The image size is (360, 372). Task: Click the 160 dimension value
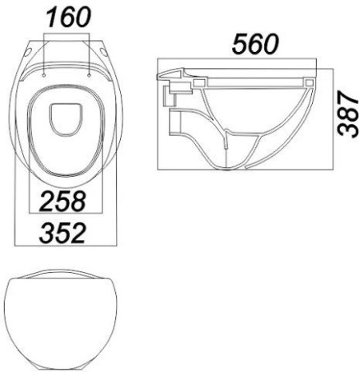[69, 18]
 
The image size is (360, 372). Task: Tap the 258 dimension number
[63, 201]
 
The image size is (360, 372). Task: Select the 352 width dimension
[62, 234]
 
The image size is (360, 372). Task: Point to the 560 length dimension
[255, 43]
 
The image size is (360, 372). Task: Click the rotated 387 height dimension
[347, 114]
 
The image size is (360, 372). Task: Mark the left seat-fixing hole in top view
[44, 76]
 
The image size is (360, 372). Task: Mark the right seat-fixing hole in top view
[89, 76]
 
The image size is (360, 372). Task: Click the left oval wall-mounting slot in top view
[28, 52]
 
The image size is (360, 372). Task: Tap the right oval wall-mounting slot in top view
[104, 52]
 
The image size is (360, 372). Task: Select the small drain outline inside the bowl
[65, 119]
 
